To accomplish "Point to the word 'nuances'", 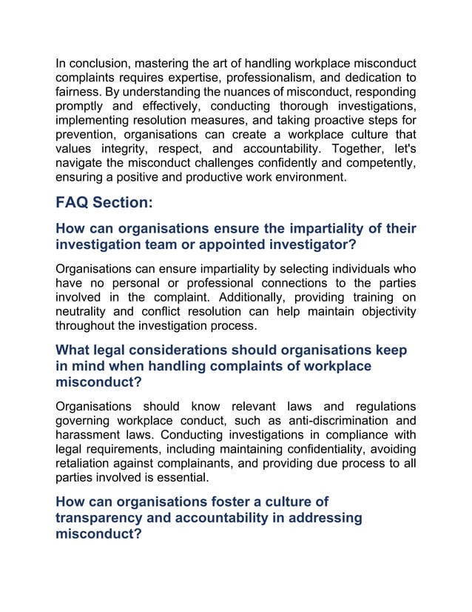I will point(238,92).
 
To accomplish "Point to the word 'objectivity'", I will point(384,310).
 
